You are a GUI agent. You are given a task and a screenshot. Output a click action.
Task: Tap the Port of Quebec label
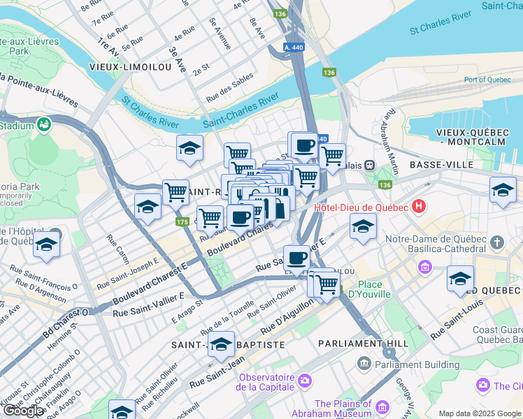click(x=485, y=80)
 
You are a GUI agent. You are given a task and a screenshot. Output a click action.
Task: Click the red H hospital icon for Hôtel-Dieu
click(x=419, y=206)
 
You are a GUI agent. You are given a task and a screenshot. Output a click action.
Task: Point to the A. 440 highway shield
click(x=295, y=47)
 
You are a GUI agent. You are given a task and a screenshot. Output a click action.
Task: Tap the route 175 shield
click(x=182, y=221)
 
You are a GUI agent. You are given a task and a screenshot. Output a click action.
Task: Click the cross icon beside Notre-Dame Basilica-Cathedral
click(x=496, y=242)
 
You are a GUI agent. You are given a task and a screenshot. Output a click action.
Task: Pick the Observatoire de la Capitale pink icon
click(x=304, y=381)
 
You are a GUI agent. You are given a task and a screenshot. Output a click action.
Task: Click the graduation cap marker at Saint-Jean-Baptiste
click(x=221, y=344)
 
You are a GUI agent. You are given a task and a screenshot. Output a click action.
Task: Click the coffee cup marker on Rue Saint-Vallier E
click(x=297, y=258)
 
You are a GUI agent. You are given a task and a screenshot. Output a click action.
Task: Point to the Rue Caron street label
click(x=117, y=249)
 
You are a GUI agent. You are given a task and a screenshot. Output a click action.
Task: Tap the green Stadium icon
click(x=45, y=125)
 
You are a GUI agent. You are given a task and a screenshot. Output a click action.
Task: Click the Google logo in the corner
click(x=24, y=411)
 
